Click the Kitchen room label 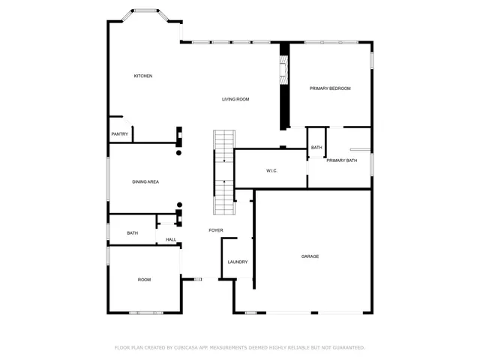click(143, 76)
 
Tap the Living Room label click(235, 99)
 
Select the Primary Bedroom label click(330, 88)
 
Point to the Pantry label click(120, 134)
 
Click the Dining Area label click(145, 181)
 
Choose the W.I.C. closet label click(271, 171)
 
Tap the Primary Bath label click(341, 160)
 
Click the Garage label click(310, 256)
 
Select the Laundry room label click(238, 262)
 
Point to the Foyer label click(216, 230)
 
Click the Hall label click(171, 240)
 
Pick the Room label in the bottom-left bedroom click(144, 280)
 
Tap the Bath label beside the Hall click(132, 233)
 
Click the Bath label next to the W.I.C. click(316, 148)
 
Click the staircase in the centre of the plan click(224, 172)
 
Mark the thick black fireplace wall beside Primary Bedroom click(284, 86)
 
